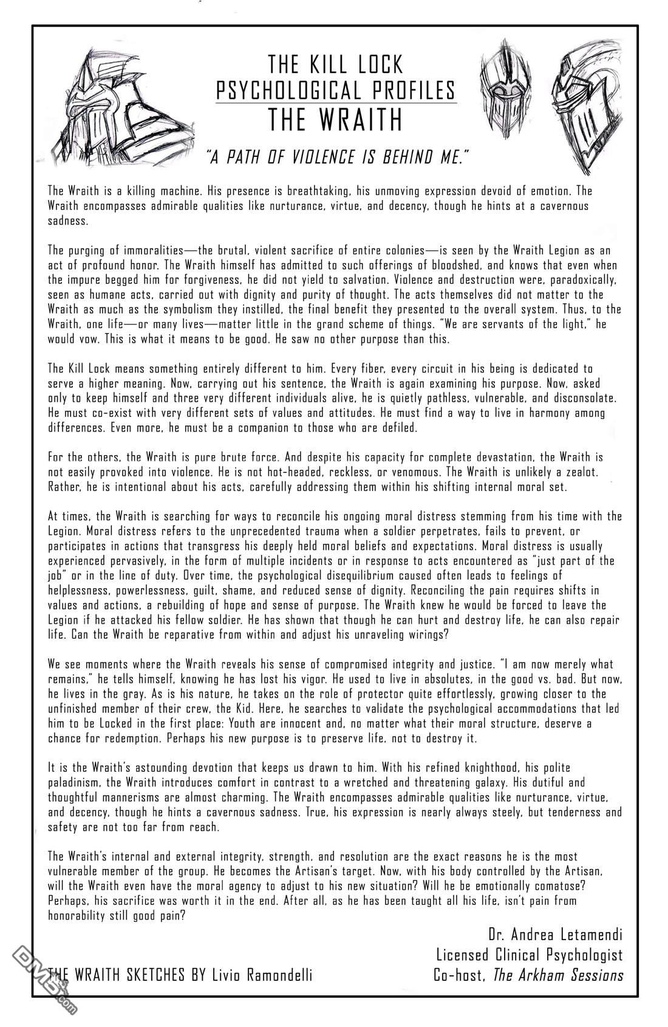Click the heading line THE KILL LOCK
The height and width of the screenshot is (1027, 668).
click(336, 64)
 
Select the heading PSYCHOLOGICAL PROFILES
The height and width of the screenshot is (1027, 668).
click(336, 90)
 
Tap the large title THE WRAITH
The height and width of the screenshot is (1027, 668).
click(336, 120)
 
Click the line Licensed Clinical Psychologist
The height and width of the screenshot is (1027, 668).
click(529, 954)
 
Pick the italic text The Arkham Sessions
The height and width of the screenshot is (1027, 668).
click(558, 975)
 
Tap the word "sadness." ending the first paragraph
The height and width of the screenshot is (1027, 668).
click(68, 221)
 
